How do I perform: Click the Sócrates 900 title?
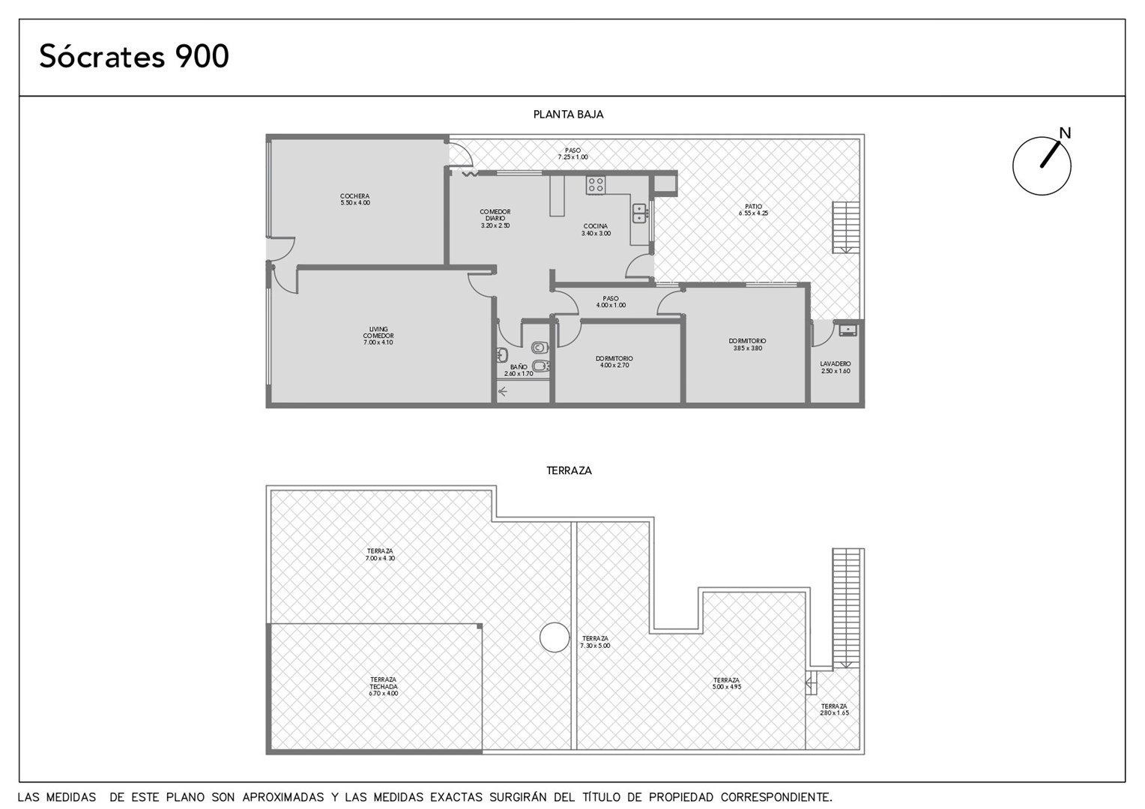click(134, 56)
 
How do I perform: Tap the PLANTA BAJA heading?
click(569, 115)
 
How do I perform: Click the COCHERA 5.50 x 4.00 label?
click(355, 199)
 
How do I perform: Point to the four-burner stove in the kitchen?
click(596, 185)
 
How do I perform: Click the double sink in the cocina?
click(639, 213)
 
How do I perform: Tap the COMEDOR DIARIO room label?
click(495, 218)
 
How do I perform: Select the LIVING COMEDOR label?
click(378, 336)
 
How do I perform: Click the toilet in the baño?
click(540, 348)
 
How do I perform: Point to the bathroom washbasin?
click(502, 354)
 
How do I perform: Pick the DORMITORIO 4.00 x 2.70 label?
click(614, 362)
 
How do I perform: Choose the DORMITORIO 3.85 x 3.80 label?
click(747, 345)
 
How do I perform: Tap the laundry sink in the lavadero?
click(848, 330)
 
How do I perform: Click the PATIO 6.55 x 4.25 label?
click(753, 210)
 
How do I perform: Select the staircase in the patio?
click(846, 228)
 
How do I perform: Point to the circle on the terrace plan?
click(555, 637)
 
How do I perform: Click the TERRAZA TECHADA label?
click(384, 686)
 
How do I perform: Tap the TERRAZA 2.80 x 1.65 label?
click(834, 709)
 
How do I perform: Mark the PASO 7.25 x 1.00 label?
click(572, 154)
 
